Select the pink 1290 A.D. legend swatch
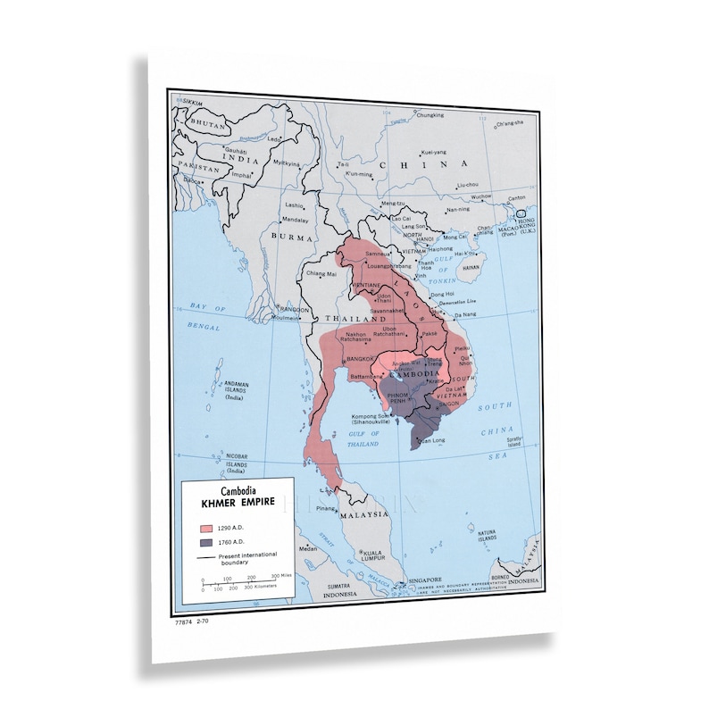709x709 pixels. pyautogui.click(x=206, y=528)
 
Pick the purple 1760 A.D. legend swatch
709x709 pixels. pyautogui.click(x=206, y=543)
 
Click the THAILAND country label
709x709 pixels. pyautogui.click(x=350, y=318)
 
